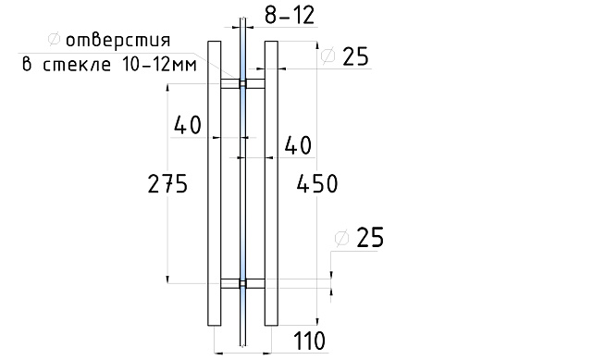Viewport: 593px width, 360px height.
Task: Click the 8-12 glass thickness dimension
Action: [x=290, y=16]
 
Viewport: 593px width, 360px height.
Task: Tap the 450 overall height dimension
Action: [x=317, y=184]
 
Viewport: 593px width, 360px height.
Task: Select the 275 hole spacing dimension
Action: [x=167, y=184]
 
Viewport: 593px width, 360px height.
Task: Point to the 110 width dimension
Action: [x=309, y=341]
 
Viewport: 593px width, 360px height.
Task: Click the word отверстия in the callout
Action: [x=118, y=40]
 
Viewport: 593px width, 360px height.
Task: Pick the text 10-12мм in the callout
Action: [x=160, y=65]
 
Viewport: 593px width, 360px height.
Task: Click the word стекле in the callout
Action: [x=77, y=65]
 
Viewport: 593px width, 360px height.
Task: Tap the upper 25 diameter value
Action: [x=355, y=57]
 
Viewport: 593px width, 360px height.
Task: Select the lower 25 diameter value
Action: [x=370, y=238]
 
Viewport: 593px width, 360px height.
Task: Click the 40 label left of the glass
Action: [x=188, y=125]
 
